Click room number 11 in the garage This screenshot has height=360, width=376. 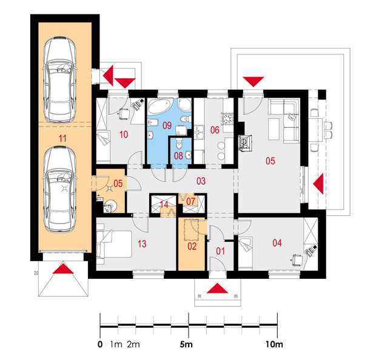pyautogui.click(x=62, y=138)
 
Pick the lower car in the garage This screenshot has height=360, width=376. pyautogui.click(x=60, y=189)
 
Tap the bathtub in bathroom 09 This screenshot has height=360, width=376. pyautogui.click(x=159, y=106)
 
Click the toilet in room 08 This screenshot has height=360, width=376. pyautogui.click(x=179, y=143)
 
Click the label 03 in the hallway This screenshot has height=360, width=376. pyautogui.click(x=201, y=181)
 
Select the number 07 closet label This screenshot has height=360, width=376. pyautogui.click(x=191, y=201)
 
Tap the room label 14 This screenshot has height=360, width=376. pyautogui.click(x=164, y=204)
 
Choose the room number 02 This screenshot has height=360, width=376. pyautogui.click(x=192, y=247)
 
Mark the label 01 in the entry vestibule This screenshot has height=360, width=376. pyautogui.click(x=220, y=251)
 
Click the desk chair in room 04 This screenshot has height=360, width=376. pyautogui.click(x=297, y=260)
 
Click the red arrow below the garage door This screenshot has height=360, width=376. pyautogui.click(x=63, y=268)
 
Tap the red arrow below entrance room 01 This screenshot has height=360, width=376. pyautogui.click(x=217, y=288)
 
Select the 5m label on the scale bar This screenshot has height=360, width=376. pyautogui.click(x=186, y=344)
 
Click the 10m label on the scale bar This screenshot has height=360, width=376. pyautogui.click(x=274, y=344)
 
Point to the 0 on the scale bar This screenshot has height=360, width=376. pyautogui.click(x=100, y=344)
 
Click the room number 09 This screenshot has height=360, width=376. pyautogui.click(x=167, y=125)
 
